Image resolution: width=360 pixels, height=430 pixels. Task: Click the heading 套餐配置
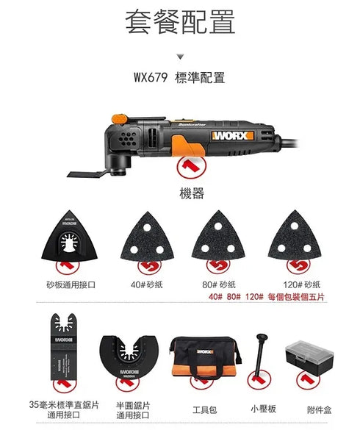click(x=180, y=22)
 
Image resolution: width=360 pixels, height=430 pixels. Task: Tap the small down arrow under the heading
click(x=180, y=55)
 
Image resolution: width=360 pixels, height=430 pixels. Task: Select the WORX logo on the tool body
click(x=231, y=135)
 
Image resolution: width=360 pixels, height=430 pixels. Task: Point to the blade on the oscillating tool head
click(x=86, y=173)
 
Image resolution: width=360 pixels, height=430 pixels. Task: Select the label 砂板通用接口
click(x=71, y=284)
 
